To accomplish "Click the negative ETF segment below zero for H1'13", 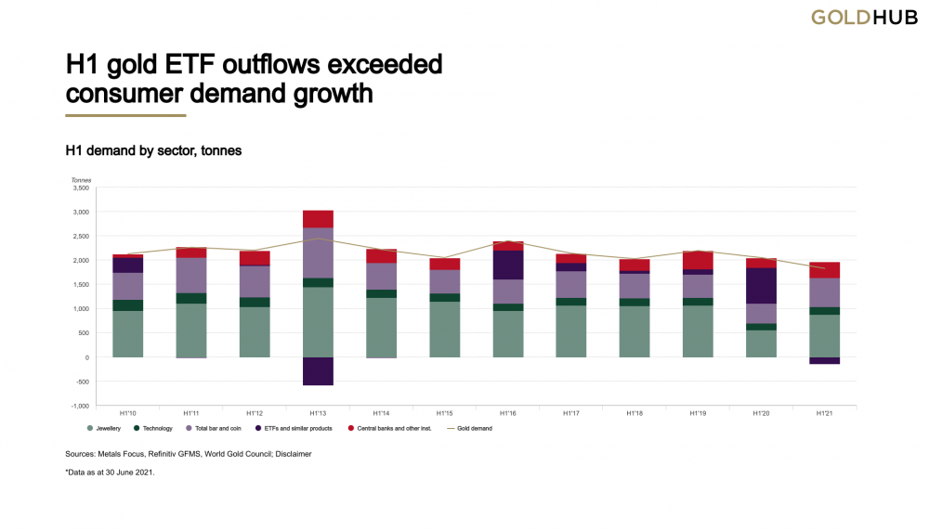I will pos(318,370).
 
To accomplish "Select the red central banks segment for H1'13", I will pos(318,219).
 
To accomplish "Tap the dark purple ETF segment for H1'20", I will pos(761,286).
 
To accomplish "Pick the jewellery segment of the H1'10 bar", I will pos(127,334).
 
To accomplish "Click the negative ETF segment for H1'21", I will pos(824,360).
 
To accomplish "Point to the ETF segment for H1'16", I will pos(507,265).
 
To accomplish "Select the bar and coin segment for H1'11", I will pos(191,276).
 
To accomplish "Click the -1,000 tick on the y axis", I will pos(79,406).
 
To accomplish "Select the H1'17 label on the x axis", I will pos(571,413).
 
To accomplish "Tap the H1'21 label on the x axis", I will pos(824,413).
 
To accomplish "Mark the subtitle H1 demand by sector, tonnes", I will pos(153,149).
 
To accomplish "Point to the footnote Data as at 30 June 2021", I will pos(110,473).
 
